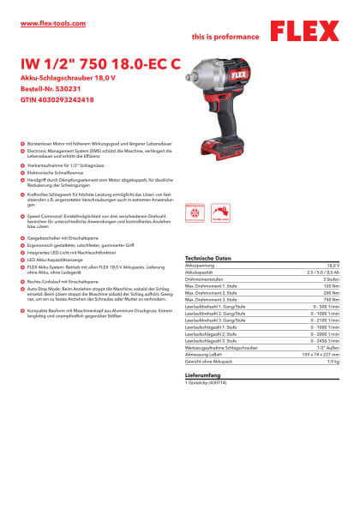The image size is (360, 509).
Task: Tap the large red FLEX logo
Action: pos(305,32)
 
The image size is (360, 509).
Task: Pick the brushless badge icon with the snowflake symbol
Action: pos(195,213)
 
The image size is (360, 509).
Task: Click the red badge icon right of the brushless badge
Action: pos(221,213)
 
